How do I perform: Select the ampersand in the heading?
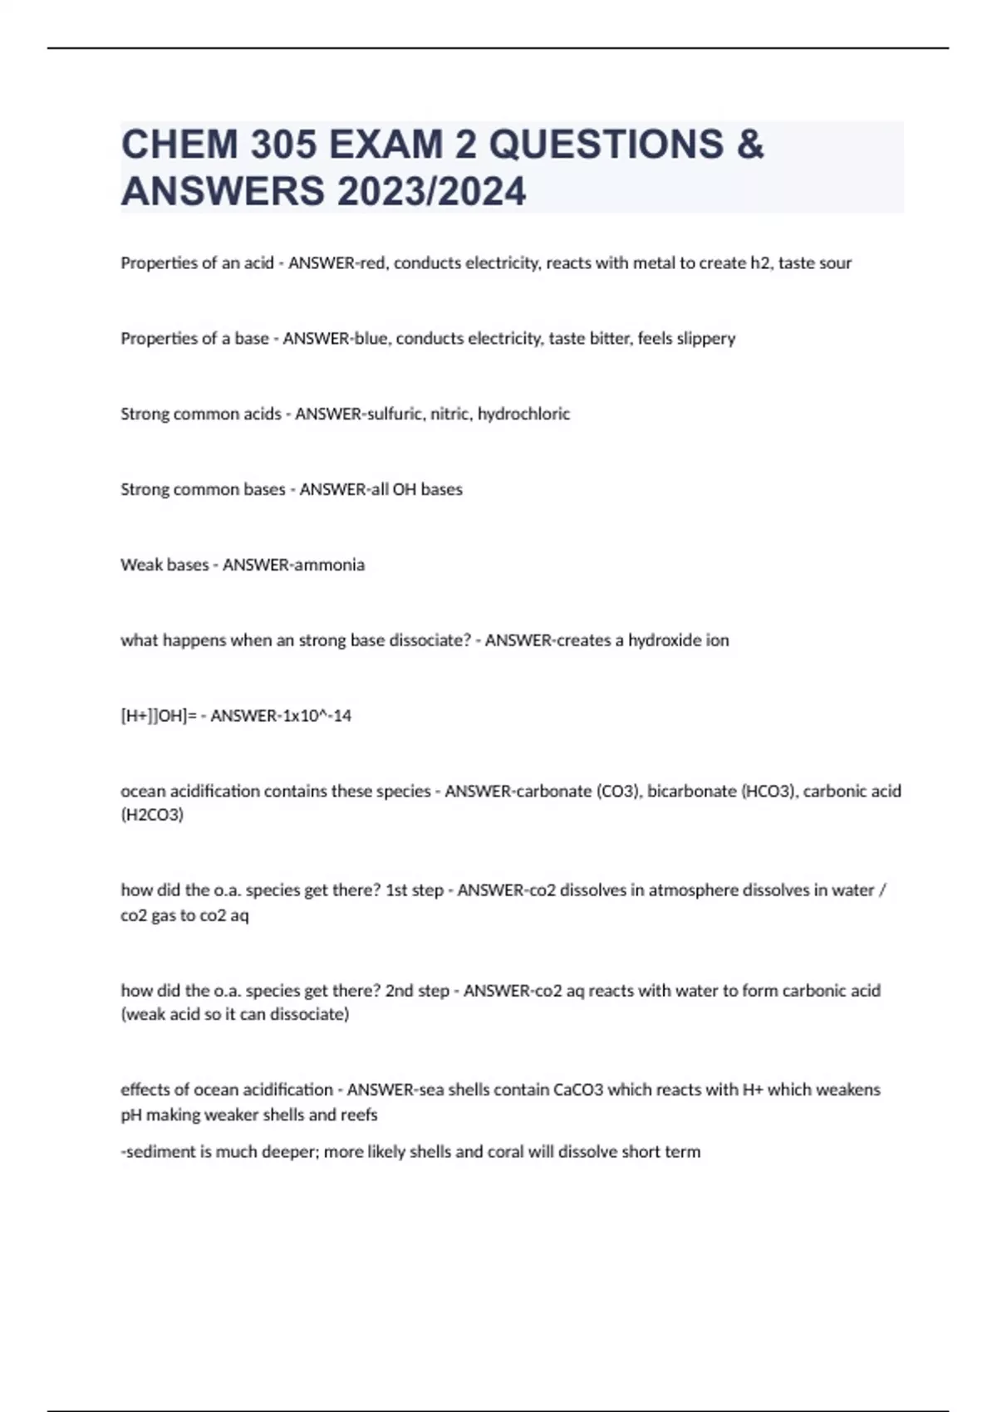point(749,145)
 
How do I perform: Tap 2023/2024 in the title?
point(431,191)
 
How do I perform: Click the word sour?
point(833,263)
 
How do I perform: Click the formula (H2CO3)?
point(152,815)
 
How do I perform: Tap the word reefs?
point(358,1115)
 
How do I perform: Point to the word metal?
point(655,263)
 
